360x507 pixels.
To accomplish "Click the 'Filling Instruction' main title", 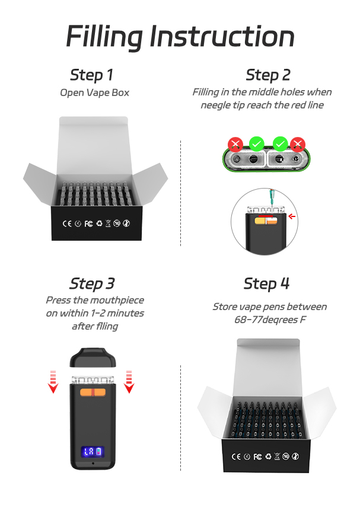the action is [x=180, y=37].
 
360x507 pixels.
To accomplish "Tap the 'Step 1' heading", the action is [x=91, y=75].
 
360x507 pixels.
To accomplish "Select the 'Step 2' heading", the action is [x=268, y=75].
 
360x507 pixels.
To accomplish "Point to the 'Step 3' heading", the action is [x=92, y=283].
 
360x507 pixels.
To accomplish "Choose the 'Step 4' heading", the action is [x=266, y=283].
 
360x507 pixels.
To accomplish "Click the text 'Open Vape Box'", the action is [x=94, y=93].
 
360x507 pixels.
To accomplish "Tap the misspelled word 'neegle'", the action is [x=215, y=106].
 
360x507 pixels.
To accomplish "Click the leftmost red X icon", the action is [x=235, y=144].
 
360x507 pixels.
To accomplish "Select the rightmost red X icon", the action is [x=298, y=144].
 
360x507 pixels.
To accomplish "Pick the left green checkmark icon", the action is [x=257, y=144].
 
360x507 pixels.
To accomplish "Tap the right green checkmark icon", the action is [x=281, y=144].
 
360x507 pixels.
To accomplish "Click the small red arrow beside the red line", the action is [x=292, y=216].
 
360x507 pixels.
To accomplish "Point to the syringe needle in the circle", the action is [x=270, y=203].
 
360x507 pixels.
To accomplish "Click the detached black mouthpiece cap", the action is [x=93, y=358].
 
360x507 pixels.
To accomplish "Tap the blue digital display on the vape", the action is [x=93, y=451].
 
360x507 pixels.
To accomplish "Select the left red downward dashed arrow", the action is [x=53, y=382].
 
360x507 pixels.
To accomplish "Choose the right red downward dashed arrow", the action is [x=129, y=382].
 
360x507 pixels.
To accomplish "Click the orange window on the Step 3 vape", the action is [x=93, y=392].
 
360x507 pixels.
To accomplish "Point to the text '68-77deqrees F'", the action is [x=270, y=320].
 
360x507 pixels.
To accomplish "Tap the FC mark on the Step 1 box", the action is [x=88, y=224].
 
